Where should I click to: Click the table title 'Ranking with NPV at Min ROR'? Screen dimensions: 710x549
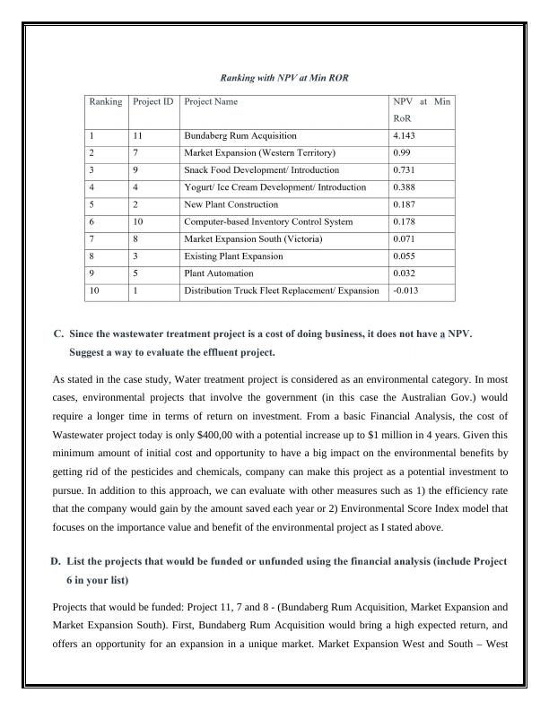274,79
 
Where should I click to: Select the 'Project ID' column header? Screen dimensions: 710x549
152,102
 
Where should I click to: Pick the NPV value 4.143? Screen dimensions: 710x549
404,136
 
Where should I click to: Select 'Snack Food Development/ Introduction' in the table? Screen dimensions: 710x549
261,170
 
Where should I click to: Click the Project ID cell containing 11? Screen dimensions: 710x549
138,136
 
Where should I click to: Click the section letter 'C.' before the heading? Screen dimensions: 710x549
59,334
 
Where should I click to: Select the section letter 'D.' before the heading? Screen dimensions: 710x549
56,561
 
